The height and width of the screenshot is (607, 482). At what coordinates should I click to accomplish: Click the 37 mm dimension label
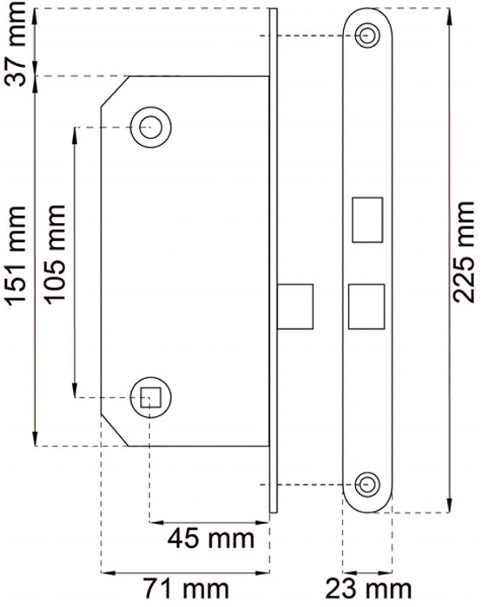coord(17,43)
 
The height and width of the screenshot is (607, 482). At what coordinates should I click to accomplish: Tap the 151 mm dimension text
coord(17,256)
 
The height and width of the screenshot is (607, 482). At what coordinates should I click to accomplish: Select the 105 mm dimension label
coord(54,254)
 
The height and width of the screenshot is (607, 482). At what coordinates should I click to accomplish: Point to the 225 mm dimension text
coord(464,252)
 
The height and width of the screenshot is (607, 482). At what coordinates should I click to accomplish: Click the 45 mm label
coord(210,538)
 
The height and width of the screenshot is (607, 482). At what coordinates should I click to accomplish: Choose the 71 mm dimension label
coord(186,589)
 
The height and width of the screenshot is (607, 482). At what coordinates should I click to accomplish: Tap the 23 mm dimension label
coord(368,589)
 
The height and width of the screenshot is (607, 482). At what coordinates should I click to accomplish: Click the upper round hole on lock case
coord(150,127)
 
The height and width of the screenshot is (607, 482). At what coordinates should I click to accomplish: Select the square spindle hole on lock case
coord(150,397)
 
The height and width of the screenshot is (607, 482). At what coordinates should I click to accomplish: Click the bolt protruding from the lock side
coord(295,307)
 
